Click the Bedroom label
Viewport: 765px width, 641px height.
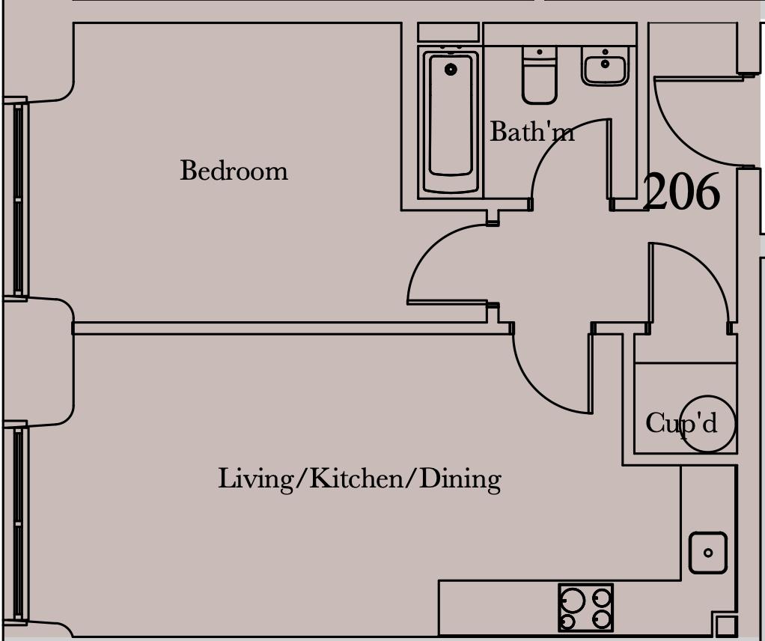tap(234, 171)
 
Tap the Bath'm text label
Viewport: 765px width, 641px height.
tap(531, 131)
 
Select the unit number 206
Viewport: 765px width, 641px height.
tap(682, 192)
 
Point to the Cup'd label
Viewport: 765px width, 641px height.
tap(681, 423)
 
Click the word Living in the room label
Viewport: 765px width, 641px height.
tap(256, 479)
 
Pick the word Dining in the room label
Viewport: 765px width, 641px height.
tap(460, 479)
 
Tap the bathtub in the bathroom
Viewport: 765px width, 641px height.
tap(451, 122)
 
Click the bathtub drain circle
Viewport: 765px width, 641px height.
tap(451, 70)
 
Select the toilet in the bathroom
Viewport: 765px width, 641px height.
tap(539, 75)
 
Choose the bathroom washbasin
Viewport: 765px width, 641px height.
tap(605, 67)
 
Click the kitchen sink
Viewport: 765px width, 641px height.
tap(708, 553)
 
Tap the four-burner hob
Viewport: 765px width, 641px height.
tap(585, 608)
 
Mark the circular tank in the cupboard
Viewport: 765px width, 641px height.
tap(707, 424)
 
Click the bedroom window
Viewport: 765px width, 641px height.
tap(17, 200)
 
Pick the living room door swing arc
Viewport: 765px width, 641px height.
tap(536, 390)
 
